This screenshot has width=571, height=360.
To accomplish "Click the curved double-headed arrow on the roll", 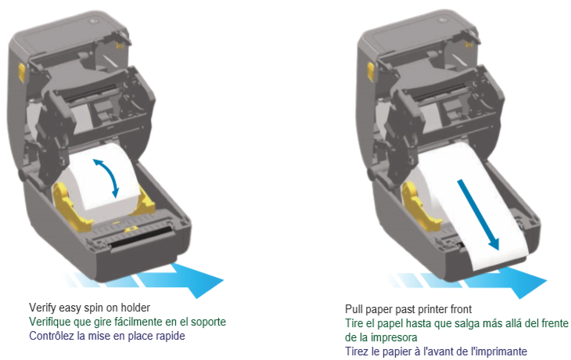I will coord(108,177).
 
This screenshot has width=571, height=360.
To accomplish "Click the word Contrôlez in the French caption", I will coord(53,336).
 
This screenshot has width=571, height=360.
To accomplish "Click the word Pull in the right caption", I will coord(354,309).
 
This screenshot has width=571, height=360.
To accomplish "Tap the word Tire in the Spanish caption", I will coord(355,323).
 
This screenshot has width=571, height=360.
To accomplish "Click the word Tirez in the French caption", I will coord(357,351).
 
